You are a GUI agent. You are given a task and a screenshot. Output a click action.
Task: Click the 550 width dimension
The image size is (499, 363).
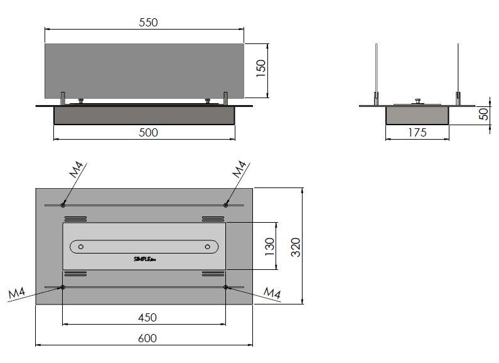click(x=149, y=22)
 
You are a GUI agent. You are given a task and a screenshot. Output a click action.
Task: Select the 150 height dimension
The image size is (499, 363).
click(x=262, y=68)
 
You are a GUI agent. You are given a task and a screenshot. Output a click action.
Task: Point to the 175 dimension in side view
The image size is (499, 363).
click(x=417, y=132)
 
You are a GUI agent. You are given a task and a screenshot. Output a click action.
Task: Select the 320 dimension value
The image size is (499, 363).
click(x=297, y=246)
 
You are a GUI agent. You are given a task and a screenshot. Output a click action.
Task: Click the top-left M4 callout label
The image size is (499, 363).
click(x=77, y=171)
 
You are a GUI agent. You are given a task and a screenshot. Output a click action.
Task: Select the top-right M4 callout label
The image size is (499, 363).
click(x=239, y=169)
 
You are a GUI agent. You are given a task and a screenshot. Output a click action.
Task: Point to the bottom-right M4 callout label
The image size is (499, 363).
click(x=272, y=293)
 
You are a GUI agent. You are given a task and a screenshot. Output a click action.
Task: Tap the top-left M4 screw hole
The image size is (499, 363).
click(x=63, y=204)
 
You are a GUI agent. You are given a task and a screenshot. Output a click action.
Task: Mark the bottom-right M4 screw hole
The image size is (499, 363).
click(x=226, y=288)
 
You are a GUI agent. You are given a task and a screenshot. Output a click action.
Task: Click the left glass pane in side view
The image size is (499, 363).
click(x=377, y=69)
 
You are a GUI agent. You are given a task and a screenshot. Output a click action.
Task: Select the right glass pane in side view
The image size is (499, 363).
click(x=458, y=69)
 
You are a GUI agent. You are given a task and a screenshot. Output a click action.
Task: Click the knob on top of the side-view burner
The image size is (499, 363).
click(x=417, y=100)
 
